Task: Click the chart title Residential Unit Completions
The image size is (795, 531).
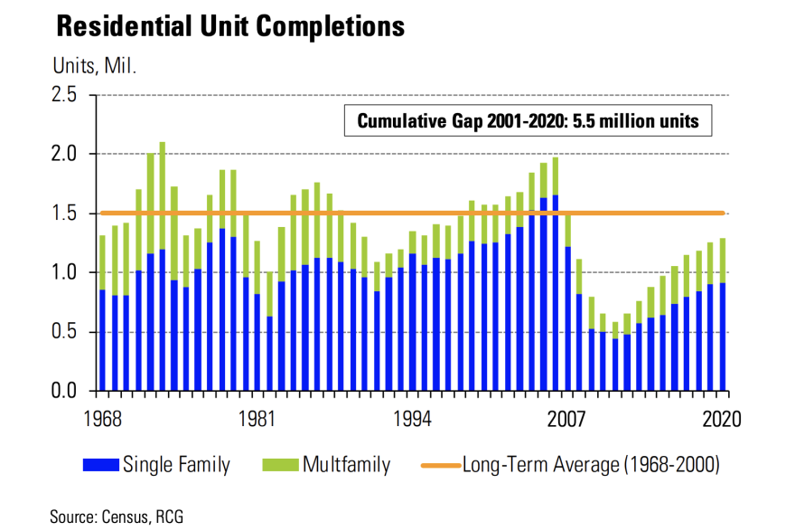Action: point(229,26)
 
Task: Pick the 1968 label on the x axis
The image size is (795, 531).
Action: point(101,420)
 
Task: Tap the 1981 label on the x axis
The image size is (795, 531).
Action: point(257,420)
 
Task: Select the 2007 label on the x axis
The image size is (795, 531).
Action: point(566,420)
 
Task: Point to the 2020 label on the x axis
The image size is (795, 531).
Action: point(722,420)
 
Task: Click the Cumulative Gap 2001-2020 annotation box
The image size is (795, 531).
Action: point(528,120)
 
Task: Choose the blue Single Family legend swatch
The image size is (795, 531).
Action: point(99,466)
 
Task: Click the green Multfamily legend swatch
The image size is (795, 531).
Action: point(280,466)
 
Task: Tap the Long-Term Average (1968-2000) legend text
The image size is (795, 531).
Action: point(591,466)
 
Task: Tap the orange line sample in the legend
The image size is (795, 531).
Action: point(440,466)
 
